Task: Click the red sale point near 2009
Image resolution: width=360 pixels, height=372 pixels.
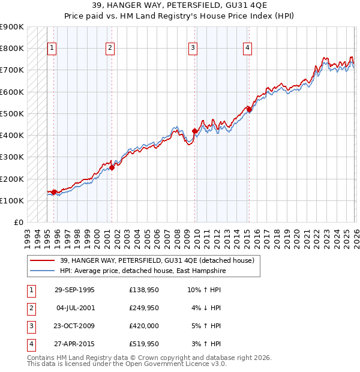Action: tap(194, 131)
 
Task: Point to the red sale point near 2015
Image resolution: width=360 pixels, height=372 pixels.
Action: tap(249, 109)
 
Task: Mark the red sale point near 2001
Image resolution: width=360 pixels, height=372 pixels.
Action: tap(112, 168)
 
